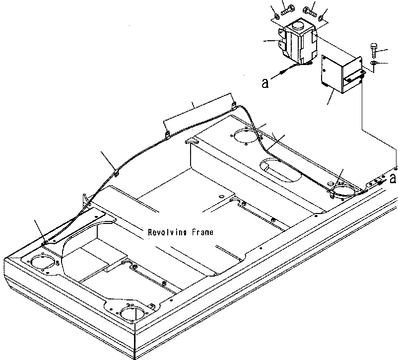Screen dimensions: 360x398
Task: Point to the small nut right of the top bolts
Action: pyautogui.click(x=323, y=18)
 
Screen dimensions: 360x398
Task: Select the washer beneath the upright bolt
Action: pyautogui.click(x=373, y=64)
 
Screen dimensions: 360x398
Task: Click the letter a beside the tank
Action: pyautogui.click(x=265, y=83)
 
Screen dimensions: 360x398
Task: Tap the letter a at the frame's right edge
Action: pyautogui.click(x=393, y=178)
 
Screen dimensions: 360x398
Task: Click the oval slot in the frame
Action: pyautogui.click(x=280, y=170)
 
